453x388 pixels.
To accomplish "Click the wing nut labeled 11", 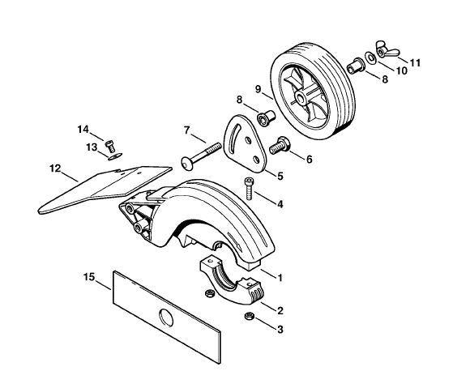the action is (x=387, y=50).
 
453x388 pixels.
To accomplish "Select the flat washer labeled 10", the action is (x=370, y=58).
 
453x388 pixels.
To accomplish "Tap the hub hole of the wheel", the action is (x=302, y=99).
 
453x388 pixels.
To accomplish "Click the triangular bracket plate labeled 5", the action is (x=245, y=143).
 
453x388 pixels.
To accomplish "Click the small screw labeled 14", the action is (x=109, y=147).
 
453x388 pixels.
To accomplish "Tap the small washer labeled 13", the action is (x=115, y=157).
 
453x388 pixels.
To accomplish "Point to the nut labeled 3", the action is (x=249, y=316).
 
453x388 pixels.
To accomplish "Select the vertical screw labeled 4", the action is (x=249, y=189).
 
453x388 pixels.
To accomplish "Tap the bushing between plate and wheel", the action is (x=266, y=117).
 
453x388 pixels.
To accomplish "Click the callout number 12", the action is (x=55, y=168).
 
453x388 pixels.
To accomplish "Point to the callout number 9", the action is (x=259, y=89).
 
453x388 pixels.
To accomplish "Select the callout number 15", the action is (x=89, y=277).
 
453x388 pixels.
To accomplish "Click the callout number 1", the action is (x=280, y=278).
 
